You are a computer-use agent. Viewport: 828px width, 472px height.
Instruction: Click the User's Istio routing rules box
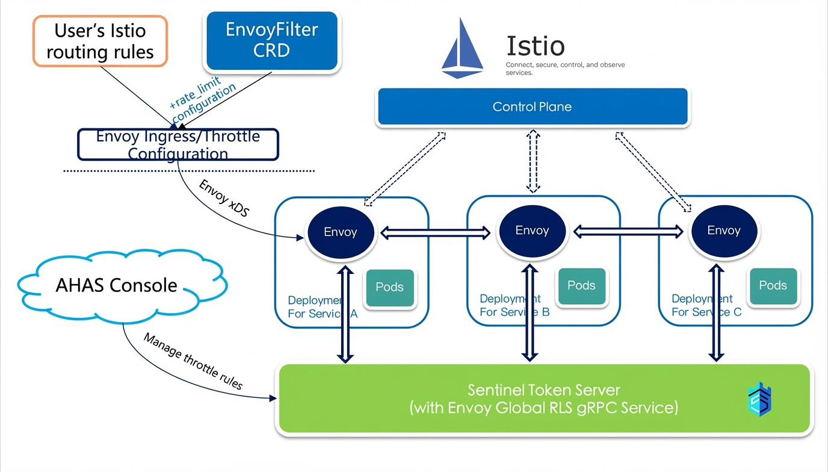click(x=100, y=41)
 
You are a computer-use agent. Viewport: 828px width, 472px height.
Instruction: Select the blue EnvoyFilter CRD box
click(x=272, y=40)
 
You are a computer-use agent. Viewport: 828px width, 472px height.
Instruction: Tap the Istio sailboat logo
click(x=462, y=48)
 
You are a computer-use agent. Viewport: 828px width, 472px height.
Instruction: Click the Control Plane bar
click(x=533, y=107)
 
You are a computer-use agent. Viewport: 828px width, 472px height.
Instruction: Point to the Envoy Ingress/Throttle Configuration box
click(x=178, y=144)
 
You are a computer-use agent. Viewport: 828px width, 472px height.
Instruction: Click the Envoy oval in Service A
click(x=341, y=232)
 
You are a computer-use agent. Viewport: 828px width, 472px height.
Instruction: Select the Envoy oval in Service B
click(x=533, y=231)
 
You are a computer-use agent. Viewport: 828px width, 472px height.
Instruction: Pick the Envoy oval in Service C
click(x=724, y=231)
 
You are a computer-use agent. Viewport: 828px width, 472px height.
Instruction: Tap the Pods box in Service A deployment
click(x=390, y=287)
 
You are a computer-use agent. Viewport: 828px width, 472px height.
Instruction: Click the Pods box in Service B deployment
click(x=582, y=286)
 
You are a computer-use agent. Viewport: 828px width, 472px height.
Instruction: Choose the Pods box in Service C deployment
click(x=773, y=286)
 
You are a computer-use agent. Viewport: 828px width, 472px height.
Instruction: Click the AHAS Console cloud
click(x=122, y=285)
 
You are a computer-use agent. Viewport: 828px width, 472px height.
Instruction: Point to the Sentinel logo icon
click(x=759, y=400)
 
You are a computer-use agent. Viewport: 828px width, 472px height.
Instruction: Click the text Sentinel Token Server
click(x=544, y=390)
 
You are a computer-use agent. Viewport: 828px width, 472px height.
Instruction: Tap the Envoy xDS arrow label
click(x=224, y=198)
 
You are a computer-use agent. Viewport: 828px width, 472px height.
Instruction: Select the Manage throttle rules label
click(x=193, y=361)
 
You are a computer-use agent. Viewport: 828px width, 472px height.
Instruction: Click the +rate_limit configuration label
click(x=202, y=99)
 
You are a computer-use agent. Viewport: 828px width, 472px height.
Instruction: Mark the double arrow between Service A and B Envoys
click(x=436, y=232)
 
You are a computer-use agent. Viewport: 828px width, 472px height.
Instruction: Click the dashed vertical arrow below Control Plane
click(x=533, y=161)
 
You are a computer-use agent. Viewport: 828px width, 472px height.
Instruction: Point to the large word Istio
click(x=535, y=46)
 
